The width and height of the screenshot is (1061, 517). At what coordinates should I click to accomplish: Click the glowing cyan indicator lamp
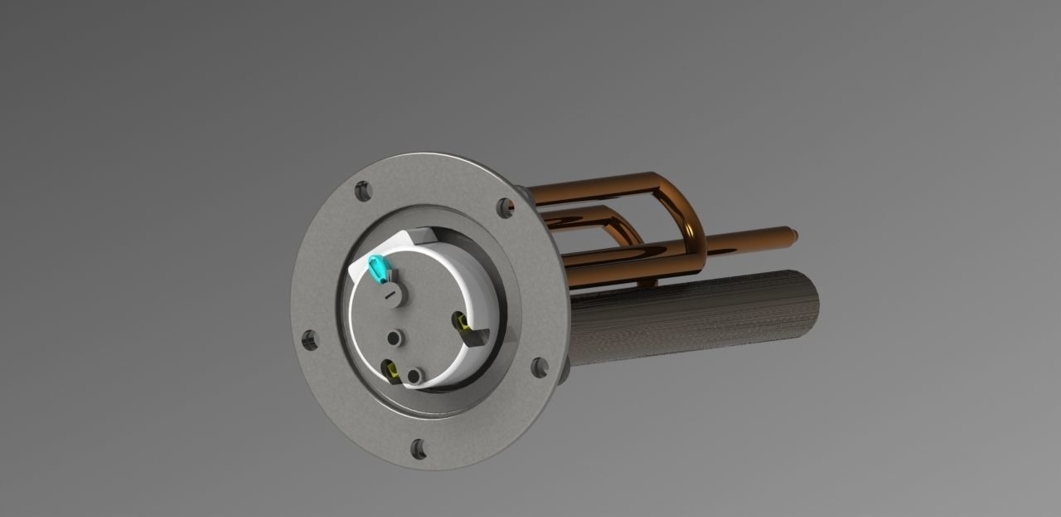point(377,268)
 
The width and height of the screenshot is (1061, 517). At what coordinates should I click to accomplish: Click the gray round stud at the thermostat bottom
point(413,377)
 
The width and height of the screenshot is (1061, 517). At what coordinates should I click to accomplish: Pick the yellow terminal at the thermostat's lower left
point(387,366)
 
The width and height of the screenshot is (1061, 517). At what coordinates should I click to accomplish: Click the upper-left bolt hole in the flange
point(363,191)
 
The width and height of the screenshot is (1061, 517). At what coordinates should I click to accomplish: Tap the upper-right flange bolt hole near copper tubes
point(505,207)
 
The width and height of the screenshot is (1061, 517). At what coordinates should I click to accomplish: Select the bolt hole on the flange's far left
point(310,339)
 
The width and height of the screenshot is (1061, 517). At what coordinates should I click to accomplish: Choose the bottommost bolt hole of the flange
point(419,449)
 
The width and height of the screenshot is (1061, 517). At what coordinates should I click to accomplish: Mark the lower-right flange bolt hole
point(539,367)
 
